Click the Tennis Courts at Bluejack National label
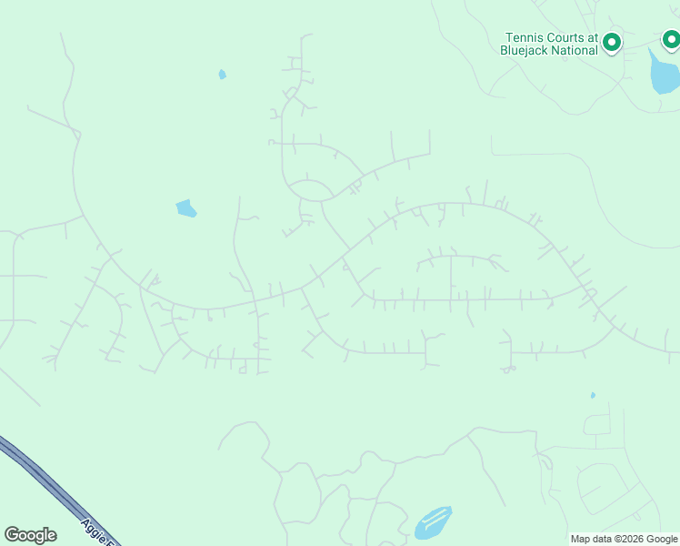(552, 44)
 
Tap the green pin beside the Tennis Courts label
(613, 42)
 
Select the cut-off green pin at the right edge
(671, 39)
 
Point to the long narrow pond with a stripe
(433, 522)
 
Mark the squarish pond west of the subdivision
(185, 208)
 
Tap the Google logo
(30, 535)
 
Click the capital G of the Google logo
(12, 535)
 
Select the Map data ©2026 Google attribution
(624, 540)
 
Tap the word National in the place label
(577, 50)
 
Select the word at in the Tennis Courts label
(592, 38)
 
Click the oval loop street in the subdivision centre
(309, 189)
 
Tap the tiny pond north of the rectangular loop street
(593, 395)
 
